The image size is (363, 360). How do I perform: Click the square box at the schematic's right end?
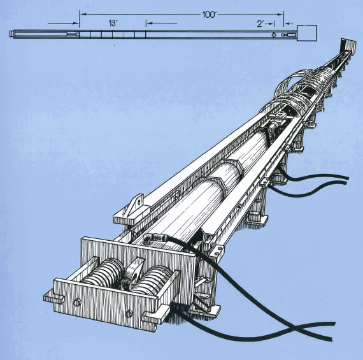307,33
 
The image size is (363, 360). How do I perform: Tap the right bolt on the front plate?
130,312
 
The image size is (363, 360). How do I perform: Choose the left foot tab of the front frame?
53,296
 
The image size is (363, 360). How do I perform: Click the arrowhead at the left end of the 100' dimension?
83,13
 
